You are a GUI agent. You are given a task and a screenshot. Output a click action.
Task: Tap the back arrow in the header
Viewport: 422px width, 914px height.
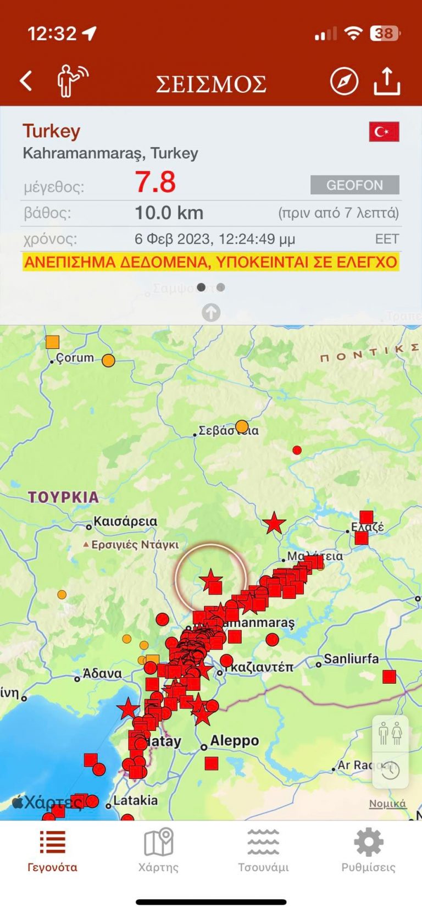coord(26,81)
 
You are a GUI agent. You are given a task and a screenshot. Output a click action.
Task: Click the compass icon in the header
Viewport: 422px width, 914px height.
coord(344,81)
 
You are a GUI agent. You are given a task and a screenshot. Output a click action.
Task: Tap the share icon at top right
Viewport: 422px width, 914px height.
coord(387,81)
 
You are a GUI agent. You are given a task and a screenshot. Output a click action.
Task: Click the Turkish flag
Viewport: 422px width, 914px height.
coord(384,132)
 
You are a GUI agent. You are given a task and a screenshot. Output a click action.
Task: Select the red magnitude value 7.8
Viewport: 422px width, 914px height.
coord(156,182)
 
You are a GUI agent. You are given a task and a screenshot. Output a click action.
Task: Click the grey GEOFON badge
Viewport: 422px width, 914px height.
coord(354,185)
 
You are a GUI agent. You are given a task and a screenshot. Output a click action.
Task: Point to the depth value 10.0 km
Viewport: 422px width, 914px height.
coord(169,213)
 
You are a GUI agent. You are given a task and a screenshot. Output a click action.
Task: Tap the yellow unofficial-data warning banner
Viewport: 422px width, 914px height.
coord(211,262)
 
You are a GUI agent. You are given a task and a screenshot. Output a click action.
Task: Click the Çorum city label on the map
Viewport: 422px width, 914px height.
coord(75,358)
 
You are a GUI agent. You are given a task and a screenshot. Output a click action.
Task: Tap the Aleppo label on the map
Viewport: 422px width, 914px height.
coord(234,741)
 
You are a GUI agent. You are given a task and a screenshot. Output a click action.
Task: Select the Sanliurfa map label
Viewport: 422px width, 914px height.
coord(351,658)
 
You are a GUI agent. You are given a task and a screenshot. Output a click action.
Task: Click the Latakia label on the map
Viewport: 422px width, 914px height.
coord(135,800)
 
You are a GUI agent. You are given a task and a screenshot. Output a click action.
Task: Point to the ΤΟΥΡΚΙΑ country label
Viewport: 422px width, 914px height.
coord(64,497)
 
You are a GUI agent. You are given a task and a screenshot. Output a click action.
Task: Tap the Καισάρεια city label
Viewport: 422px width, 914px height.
coord(125,521)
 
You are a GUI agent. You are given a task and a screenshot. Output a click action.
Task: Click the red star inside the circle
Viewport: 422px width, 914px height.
coord(210,579)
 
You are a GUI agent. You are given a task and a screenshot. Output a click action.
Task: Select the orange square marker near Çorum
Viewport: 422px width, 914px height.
coord(52,342)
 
